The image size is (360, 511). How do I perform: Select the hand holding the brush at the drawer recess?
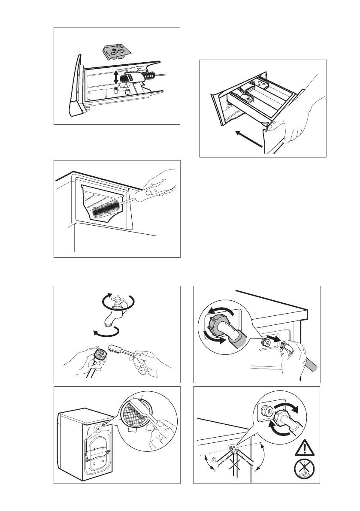coord(161,187)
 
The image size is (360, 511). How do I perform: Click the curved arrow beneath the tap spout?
coord(106,333)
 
